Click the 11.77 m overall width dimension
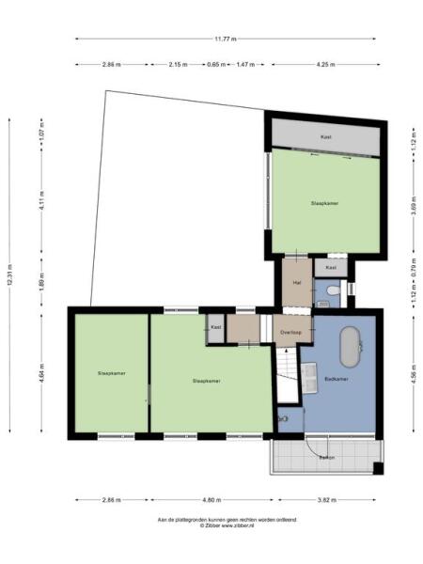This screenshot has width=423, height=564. pos(225,39)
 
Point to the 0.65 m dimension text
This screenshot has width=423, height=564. pos(215,65)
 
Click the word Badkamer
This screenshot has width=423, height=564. pos(337,379)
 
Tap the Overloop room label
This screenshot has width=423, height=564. pos(290,332)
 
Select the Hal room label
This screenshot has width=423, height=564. pos(297,282)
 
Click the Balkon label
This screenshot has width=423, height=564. pos(326,457)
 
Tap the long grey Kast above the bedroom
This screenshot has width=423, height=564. pos(326,137)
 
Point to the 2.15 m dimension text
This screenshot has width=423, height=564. pos(178,65)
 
